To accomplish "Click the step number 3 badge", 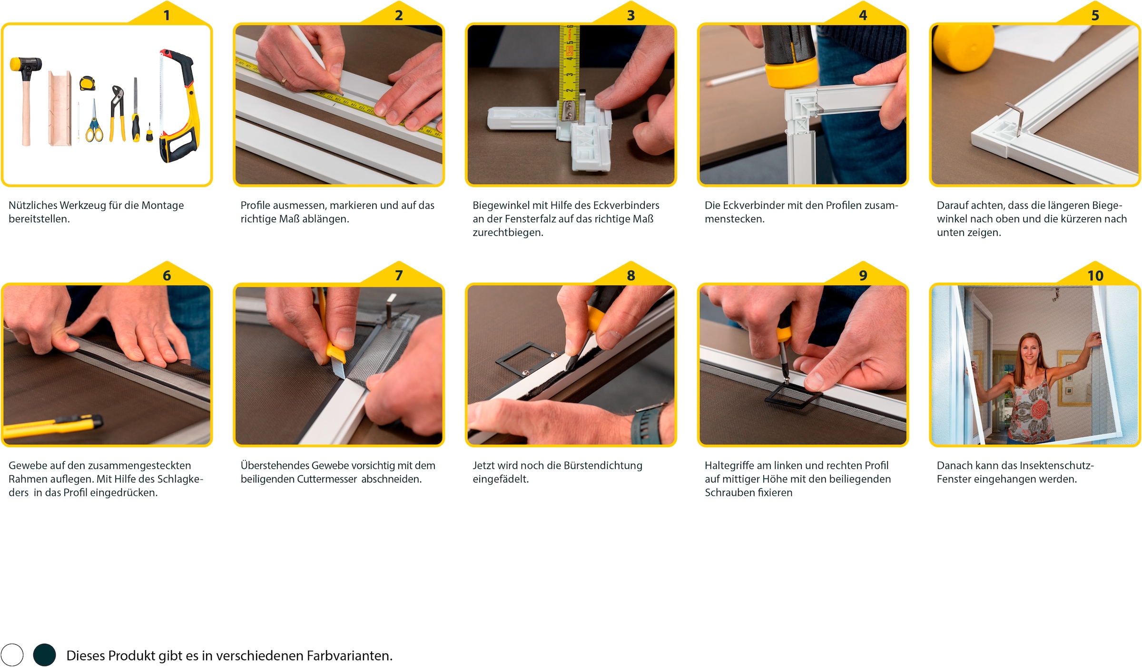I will [x=630, y=15].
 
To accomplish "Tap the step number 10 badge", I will [x=1095, y=275].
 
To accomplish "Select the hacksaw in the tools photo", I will [x=178, y=105].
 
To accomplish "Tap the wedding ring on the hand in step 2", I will [x=284, y=81].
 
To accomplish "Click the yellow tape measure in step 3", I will [x=569, y=62].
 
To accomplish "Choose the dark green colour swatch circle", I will [x=44, y=655].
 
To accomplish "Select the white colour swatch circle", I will [x=12, y=655].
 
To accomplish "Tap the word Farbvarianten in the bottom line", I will [x=349, y=656].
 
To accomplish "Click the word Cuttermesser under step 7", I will [x=326, y=479].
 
